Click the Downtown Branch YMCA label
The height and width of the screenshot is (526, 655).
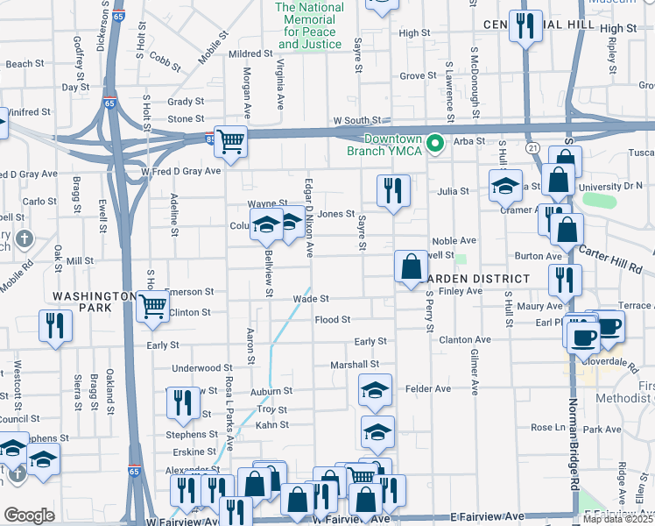point(393,145)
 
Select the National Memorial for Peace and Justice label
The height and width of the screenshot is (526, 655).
point(309,25)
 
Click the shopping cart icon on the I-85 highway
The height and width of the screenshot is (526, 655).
point(230,139)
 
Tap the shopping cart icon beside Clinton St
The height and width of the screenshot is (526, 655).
point(153,307)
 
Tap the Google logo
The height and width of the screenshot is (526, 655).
point(29,515)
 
